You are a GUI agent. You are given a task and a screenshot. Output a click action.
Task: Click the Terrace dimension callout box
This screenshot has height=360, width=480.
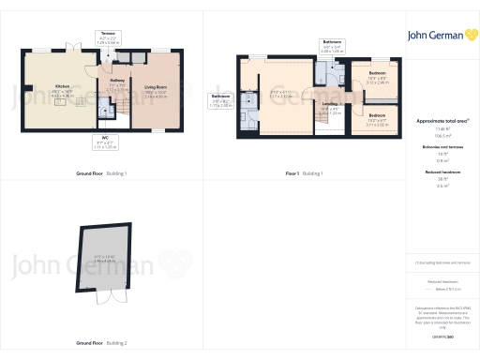click(109, 39)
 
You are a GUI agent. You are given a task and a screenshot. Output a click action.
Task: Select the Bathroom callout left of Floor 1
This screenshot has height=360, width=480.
click(220, 100)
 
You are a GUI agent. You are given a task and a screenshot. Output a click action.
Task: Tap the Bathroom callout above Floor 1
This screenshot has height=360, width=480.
click(333, 44)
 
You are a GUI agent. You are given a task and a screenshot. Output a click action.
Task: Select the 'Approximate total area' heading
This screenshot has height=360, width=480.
click(436, 124)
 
